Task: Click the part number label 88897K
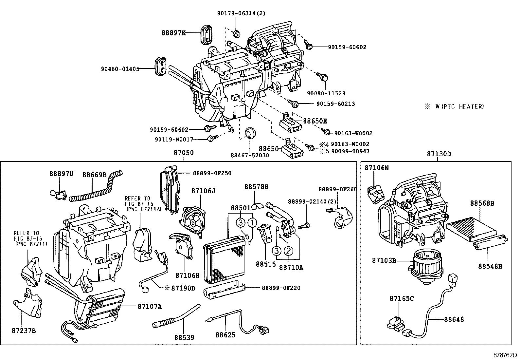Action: [x=173, y=33]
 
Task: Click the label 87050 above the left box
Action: [x=183, y=153]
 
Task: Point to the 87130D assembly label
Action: [x=439, y=154]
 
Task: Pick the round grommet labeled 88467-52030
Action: [x=251, y=133]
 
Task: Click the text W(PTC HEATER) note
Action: [x=459, y=106]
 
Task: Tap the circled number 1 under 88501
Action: [x=252, y=223]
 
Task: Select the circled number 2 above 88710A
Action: [x=288, y=251]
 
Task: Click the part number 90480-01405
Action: [x=120, y=69]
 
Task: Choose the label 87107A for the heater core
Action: [x=150, y=306]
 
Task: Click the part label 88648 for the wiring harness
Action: [x=454, y=319]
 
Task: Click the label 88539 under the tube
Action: [x=184, y=337]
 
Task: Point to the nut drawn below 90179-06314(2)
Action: [x=237, y=33]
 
